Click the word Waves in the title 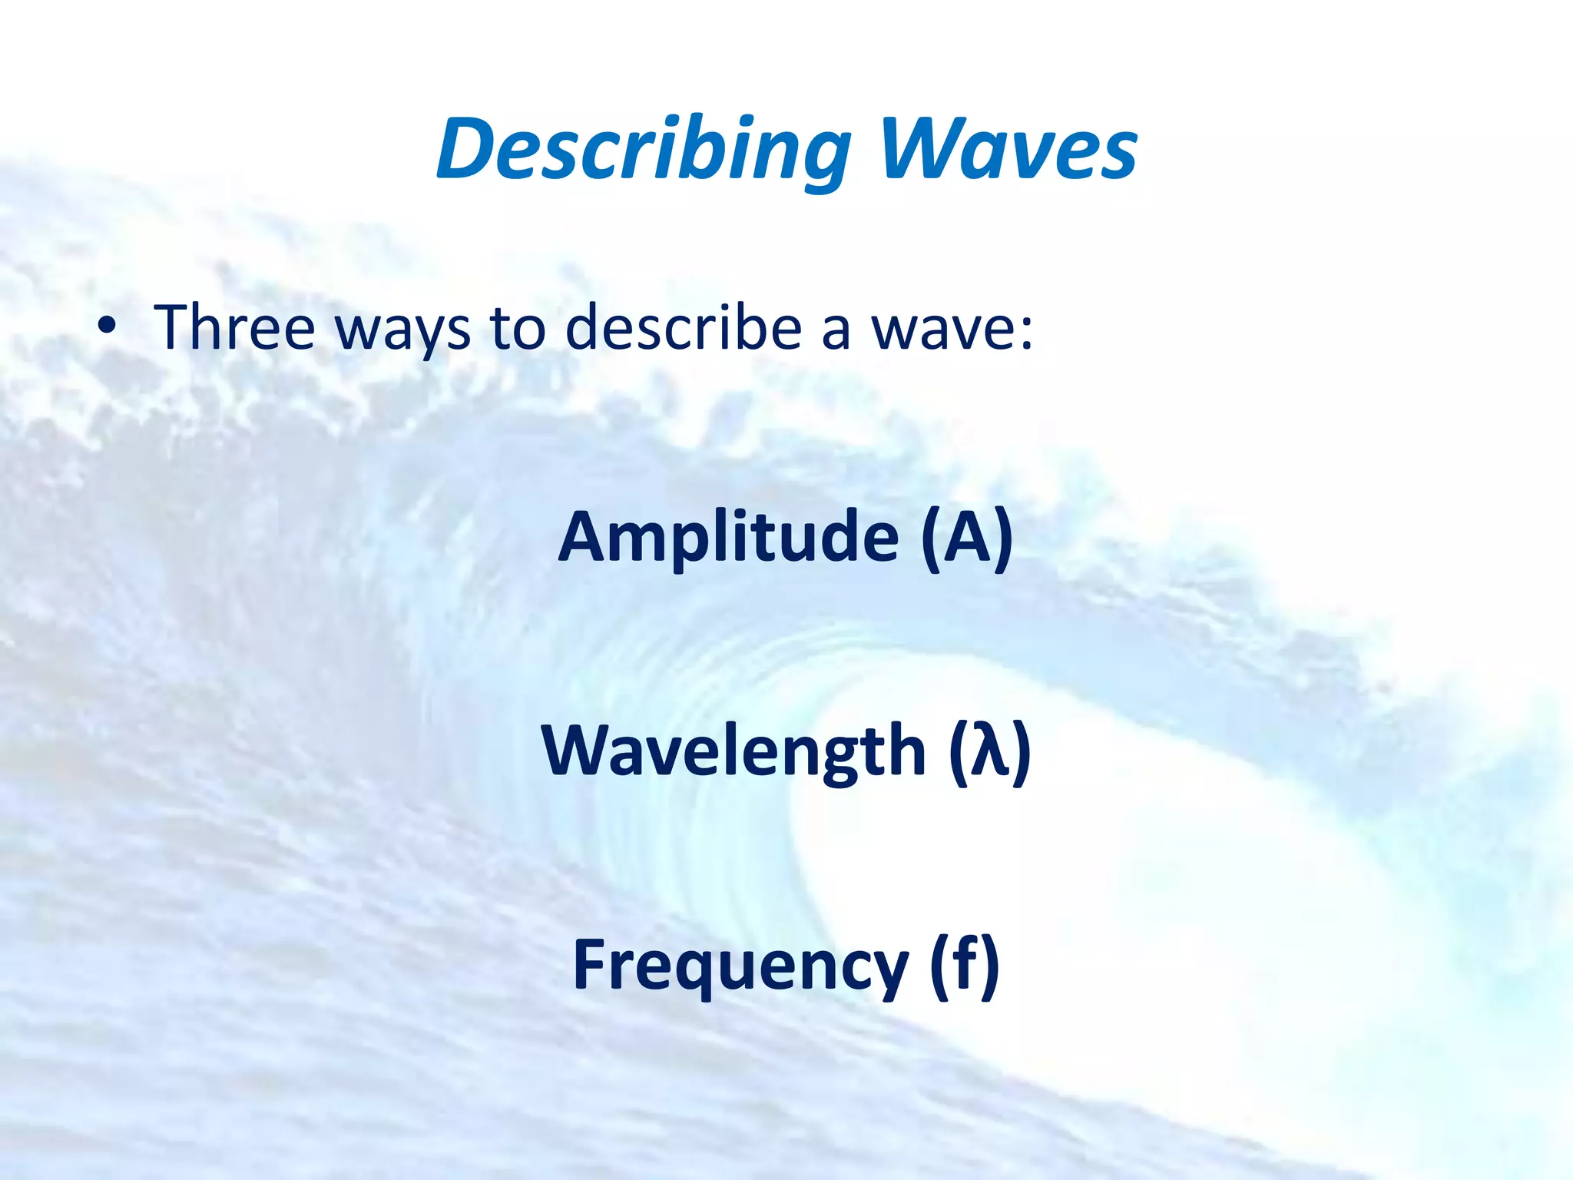tap(1008, 150)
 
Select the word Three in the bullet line tap(234, 328)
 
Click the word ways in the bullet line tap(403, 330)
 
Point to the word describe tap(684, 328)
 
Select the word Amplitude tap(728, 537)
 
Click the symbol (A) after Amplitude tap(967, 537)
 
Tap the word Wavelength tap(734, 751)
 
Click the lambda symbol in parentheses tap(989, 750)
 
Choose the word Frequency tap(740, 966)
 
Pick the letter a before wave tap(836, 332)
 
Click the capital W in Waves tap(917, 150)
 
